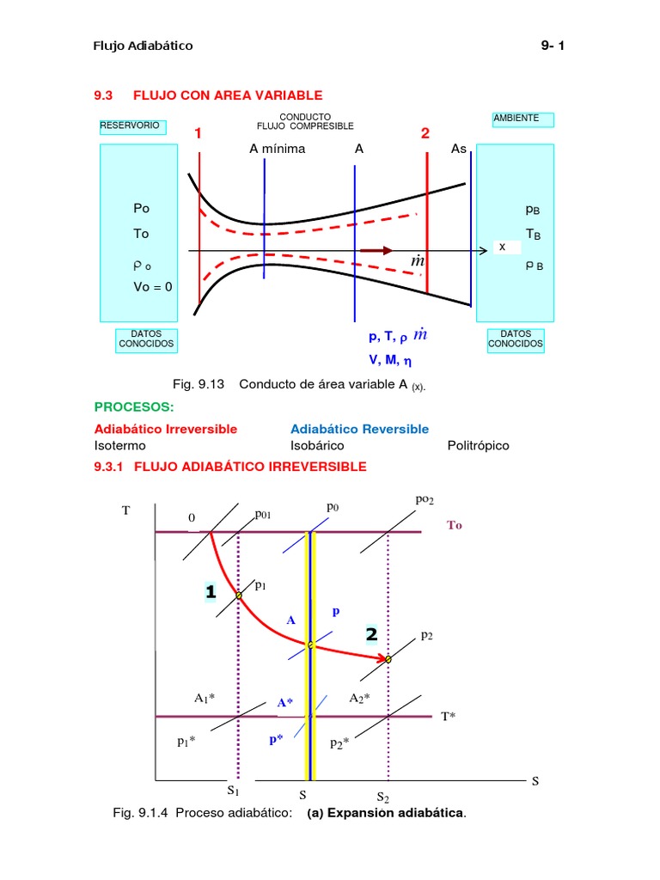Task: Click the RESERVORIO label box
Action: click(130, 125)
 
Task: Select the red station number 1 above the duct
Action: click(198, 134)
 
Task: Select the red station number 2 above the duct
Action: click(425, 134)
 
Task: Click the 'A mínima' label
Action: click(277, 149)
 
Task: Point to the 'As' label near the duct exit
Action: click(459, 149)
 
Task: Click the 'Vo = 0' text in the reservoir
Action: click(152, 286)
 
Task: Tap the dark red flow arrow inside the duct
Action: click(376, 251)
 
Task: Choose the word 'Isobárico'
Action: click(317, 445)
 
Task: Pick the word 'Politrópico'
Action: click(478, 445)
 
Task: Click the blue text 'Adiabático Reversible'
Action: click(359, 429)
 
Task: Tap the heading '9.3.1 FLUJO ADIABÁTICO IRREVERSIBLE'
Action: click(230, 467)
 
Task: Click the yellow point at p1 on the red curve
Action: click(239, 595)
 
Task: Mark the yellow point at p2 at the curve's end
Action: click(388, 659)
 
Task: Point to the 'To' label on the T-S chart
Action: click(454, 525)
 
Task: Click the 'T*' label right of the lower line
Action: click(448, 716)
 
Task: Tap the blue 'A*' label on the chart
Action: click(284, 703)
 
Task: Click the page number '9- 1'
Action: click(552, 46)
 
